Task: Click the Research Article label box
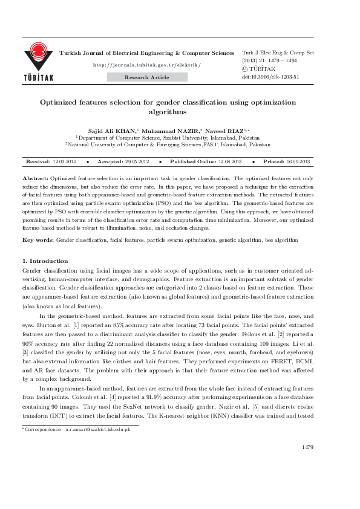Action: (147, 77)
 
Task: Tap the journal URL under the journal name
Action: (147, 65)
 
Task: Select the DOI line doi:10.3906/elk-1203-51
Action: (270, 77)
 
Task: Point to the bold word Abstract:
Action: (35, 179)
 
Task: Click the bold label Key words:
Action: (38, 240)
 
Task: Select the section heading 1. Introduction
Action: (45, 261)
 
